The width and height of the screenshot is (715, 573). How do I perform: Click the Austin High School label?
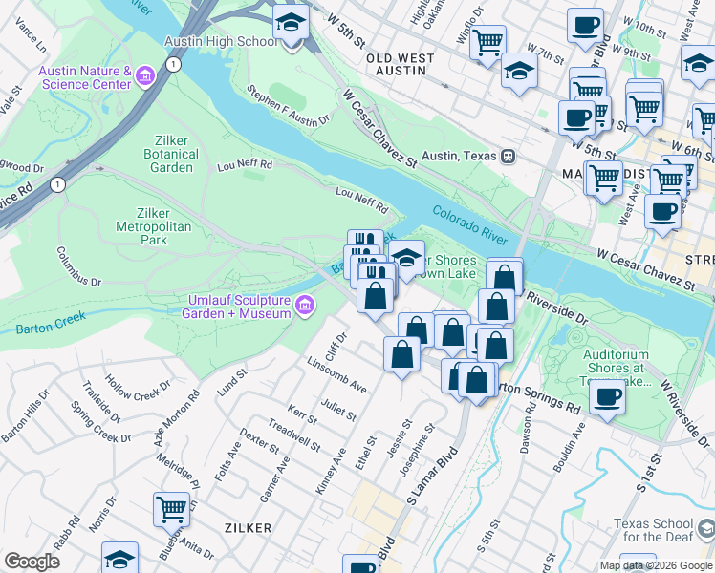[x=222, y=42]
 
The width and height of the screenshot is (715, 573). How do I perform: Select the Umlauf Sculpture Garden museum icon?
[x=305, y=306]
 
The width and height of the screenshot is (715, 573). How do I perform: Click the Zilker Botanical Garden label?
[x=172, y=154]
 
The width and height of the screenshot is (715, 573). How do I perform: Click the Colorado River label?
[x=474, y=223]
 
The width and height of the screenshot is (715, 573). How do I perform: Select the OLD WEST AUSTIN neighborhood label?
[x=400, y=58]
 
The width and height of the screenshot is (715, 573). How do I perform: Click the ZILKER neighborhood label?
[x=248, y=527]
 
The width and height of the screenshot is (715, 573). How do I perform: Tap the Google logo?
[x=32, y=562]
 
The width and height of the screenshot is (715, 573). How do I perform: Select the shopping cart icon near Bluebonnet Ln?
[x=171, y=509]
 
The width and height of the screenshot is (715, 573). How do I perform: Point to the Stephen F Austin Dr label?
[x=287, y=106]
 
